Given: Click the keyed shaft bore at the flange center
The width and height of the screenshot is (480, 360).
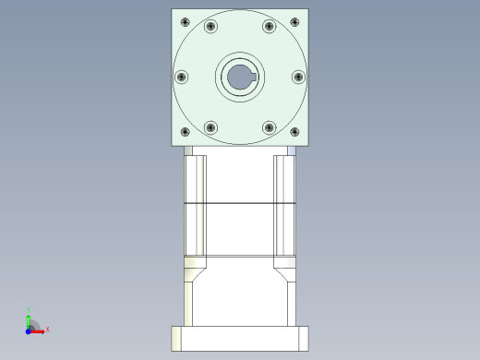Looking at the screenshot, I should (x=239, y=78).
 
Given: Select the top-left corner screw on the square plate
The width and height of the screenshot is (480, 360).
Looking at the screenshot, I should (x=185, y=21).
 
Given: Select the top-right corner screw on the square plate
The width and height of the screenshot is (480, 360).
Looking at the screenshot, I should (x=294, y=21).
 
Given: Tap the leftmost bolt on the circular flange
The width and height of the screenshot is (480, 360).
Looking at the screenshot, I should (x=181, y=77).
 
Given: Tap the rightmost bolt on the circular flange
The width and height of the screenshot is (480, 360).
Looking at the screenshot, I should (x=298, y=77).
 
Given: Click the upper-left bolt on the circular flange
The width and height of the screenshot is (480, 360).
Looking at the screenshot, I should (x=210, y=26).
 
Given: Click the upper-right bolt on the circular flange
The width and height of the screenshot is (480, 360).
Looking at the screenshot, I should (x=269, y=26).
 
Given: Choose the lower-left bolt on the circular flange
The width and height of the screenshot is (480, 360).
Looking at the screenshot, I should (x=210, y=127).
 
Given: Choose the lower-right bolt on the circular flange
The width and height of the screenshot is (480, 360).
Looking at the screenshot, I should (x=269, y=127).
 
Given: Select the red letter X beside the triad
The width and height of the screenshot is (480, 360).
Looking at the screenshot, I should (x=47, y=329).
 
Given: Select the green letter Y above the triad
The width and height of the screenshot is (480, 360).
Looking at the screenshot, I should (x=29, y=309).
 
